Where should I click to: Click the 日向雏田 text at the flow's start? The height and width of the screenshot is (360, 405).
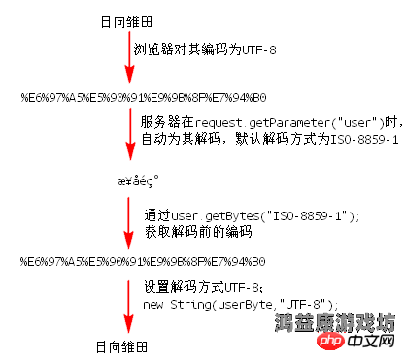(127, 21)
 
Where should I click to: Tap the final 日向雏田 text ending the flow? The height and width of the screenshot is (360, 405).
(127, 346)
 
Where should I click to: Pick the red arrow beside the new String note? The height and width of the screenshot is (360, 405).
(127, 305)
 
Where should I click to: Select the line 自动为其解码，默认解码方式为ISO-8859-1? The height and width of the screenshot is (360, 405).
(270, 139)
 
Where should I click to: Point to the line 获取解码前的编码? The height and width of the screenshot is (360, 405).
(198, 231)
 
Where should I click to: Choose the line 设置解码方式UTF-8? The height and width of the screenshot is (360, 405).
(203, 287)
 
